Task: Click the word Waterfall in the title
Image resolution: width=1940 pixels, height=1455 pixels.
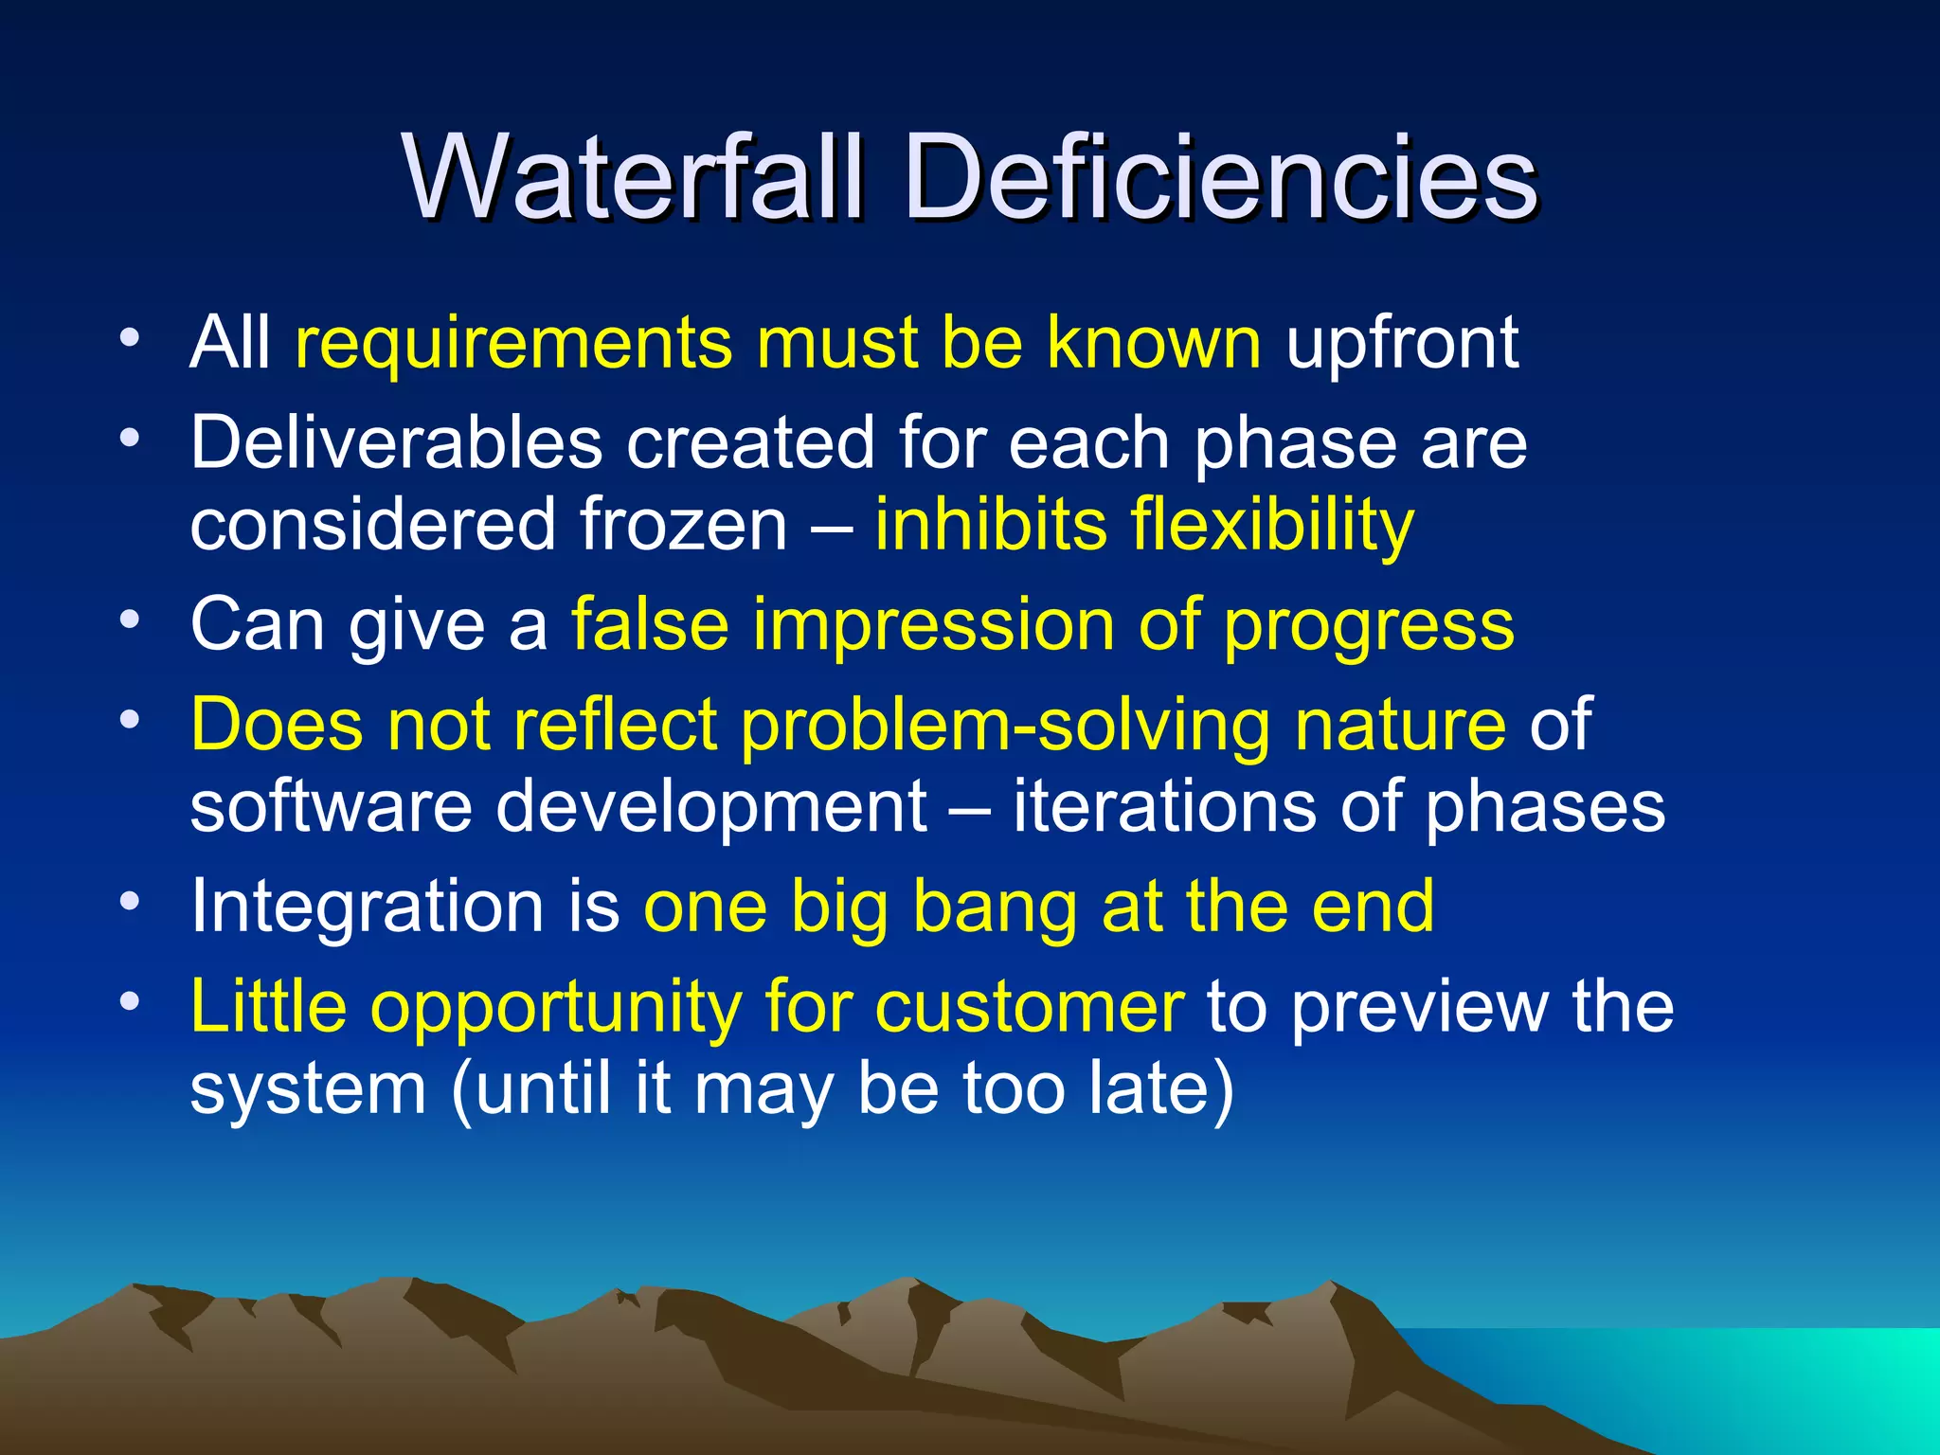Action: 632,177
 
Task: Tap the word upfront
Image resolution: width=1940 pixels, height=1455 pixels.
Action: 1402,342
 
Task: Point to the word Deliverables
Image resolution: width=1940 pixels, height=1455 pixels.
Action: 396,442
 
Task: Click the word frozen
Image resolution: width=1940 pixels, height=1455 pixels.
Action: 684,525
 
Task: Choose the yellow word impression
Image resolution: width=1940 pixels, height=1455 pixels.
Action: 934,625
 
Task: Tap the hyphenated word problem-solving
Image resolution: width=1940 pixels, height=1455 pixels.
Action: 1006,726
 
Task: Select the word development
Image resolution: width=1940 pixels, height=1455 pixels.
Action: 710,807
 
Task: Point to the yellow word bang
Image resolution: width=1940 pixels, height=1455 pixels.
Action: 995,907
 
